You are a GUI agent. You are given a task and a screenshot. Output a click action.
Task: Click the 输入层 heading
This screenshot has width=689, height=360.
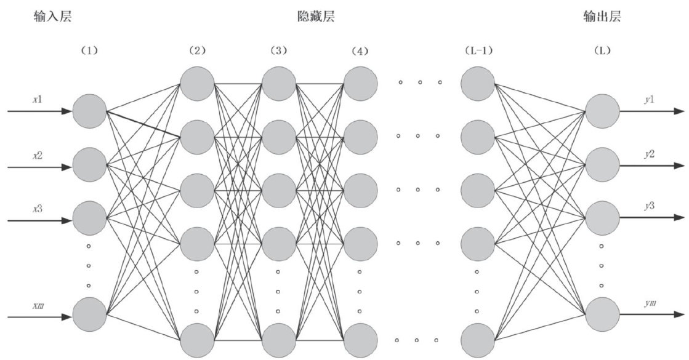coord(52,17)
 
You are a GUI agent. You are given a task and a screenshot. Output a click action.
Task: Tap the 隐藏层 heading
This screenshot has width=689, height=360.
coord(316,17)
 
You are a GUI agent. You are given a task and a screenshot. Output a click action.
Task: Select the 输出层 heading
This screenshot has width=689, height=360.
coord(602,17)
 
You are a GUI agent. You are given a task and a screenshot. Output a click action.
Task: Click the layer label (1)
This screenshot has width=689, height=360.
coord(90,50)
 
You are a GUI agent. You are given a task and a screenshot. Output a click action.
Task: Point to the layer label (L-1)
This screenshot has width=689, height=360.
coord(478,50)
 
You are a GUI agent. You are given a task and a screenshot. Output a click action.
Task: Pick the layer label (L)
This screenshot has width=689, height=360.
coord(602,50)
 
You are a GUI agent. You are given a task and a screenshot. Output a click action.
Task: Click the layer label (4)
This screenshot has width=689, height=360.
coord(358,50)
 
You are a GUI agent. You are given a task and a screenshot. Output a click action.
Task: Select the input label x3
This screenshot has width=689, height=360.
coord(38,208)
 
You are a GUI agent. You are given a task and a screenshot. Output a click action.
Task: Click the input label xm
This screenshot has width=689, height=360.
coord(38,305)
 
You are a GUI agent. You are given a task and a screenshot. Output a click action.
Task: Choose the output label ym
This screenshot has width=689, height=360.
coord(650,303)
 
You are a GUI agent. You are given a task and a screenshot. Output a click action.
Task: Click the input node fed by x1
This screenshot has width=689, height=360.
coord(89,111)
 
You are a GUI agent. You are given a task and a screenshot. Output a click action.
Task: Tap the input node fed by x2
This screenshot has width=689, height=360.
coord(89,164)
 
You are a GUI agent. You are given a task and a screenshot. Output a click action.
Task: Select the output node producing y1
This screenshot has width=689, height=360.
coord(602,111)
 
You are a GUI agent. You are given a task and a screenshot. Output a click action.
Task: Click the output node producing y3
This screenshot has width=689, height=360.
coord(602,217)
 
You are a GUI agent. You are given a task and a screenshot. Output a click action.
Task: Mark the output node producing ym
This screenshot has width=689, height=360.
coord(602,315)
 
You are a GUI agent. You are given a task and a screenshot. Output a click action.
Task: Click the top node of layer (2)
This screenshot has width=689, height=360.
coord(197,82)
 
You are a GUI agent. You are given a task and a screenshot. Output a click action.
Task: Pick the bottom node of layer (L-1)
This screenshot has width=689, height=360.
coord(477,340)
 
